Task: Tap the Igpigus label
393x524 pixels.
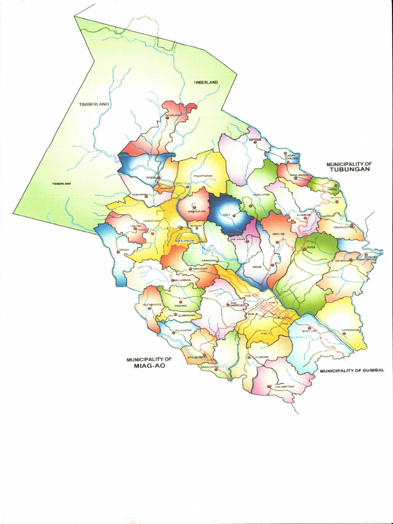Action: pyautogui.click(x=255, y=139)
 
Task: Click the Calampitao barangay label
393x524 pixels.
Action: pyautogui.click(x=285, y=386)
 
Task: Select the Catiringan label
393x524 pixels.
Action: pyautogui.click(x=352, y=330)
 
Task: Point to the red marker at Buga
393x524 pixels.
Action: pyautogui.click(x=304, y=249)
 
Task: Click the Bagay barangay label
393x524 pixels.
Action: pyautogui.click(x=123, y=250)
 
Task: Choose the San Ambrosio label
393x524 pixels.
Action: pyautogui.click(x=233, y=303)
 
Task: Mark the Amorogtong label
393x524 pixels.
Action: pyautogui.click(x=343, y=227)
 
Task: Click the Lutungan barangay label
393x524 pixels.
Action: pyautogui.click(x=260, y=357)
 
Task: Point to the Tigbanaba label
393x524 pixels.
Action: pyautogui.click(x=139, y=195)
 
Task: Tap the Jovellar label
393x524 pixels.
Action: pyautogui.click(x=309, y=331)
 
